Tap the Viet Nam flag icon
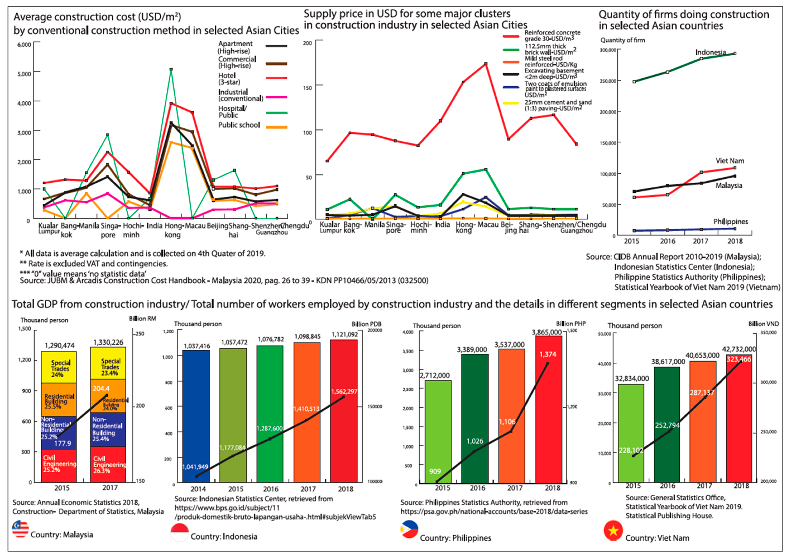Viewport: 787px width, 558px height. [x=613, y=531]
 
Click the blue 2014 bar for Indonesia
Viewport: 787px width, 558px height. [x=196, y=416]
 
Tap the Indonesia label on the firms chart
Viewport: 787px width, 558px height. [x=710, y=52]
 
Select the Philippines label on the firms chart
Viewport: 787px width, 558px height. [x=730, y=222]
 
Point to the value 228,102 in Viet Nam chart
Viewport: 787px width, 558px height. [x=631, y=450]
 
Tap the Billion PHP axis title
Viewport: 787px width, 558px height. [x=571, y=324]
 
